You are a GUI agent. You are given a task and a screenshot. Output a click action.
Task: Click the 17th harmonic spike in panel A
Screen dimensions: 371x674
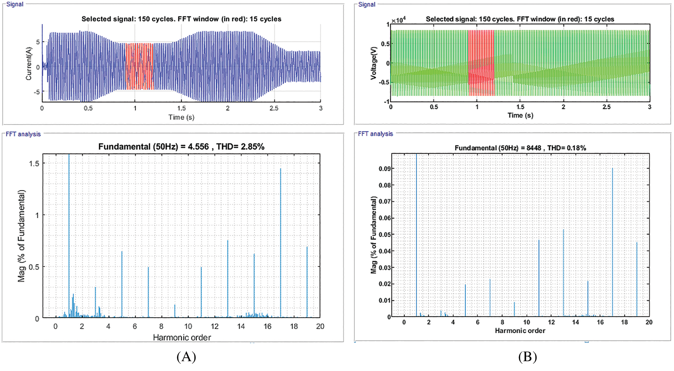pyautogui.click(x=281, y=243)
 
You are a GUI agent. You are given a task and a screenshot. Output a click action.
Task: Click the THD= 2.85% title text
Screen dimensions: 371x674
pyautogui.click(x=240, y=147)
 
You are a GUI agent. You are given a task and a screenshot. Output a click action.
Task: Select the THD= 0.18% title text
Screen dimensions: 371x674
pyautogui.click(x=566, y=148)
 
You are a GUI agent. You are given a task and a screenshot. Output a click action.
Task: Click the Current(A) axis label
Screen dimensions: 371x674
pyautogui.click(x=28, y=64)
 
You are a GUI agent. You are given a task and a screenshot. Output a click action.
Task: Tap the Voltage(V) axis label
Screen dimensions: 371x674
pyautogui.click(x=373, y=63)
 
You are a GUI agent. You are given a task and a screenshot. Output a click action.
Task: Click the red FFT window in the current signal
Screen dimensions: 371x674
pyautogui.click(x=139, y=66)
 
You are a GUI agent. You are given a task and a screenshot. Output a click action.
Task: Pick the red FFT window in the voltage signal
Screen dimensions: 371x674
pyautogui.click(x=481, y=63)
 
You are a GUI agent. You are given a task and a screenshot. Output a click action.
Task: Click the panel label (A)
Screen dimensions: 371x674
pyautogui.click(x=186, y=356)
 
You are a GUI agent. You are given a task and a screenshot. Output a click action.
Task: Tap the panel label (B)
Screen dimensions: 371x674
pyautogui.click(x=527, y=356)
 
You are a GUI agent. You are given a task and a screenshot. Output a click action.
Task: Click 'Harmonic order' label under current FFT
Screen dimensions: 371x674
pyautogui.click(x=182, y=337)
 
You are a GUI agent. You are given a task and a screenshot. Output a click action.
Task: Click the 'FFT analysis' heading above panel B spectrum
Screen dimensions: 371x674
pyautogui.click(x=375, y=134)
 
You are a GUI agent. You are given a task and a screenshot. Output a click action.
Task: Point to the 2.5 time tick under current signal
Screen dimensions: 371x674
pyautogui.click(x=274, y=108)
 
